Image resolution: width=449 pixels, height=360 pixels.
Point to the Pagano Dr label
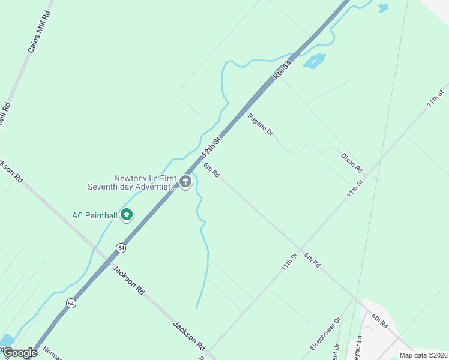point(261,125)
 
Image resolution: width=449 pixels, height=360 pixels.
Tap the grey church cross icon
point(185,181)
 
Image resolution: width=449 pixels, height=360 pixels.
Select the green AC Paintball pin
point(127,214)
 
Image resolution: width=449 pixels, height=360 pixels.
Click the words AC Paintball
point(94,215)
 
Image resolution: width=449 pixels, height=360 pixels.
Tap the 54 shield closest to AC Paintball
point(121,247)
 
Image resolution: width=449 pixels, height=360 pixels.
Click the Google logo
point(19,353)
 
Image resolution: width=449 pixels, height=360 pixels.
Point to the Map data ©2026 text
point(424,355)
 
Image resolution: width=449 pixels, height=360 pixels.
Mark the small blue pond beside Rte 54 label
point(313,61)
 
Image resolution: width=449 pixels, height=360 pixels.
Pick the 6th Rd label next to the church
point(211,170)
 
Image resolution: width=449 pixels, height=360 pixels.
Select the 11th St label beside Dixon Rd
point(355,188)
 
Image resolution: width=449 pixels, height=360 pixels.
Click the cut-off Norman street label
point(52,354)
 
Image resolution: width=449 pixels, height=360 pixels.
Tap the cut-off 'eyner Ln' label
point(360,346)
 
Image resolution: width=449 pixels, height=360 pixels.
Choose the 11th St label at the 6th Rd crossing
point(290,262)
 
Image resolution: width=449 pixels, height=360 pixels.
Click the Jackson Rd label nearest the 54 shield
point(128,279)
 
